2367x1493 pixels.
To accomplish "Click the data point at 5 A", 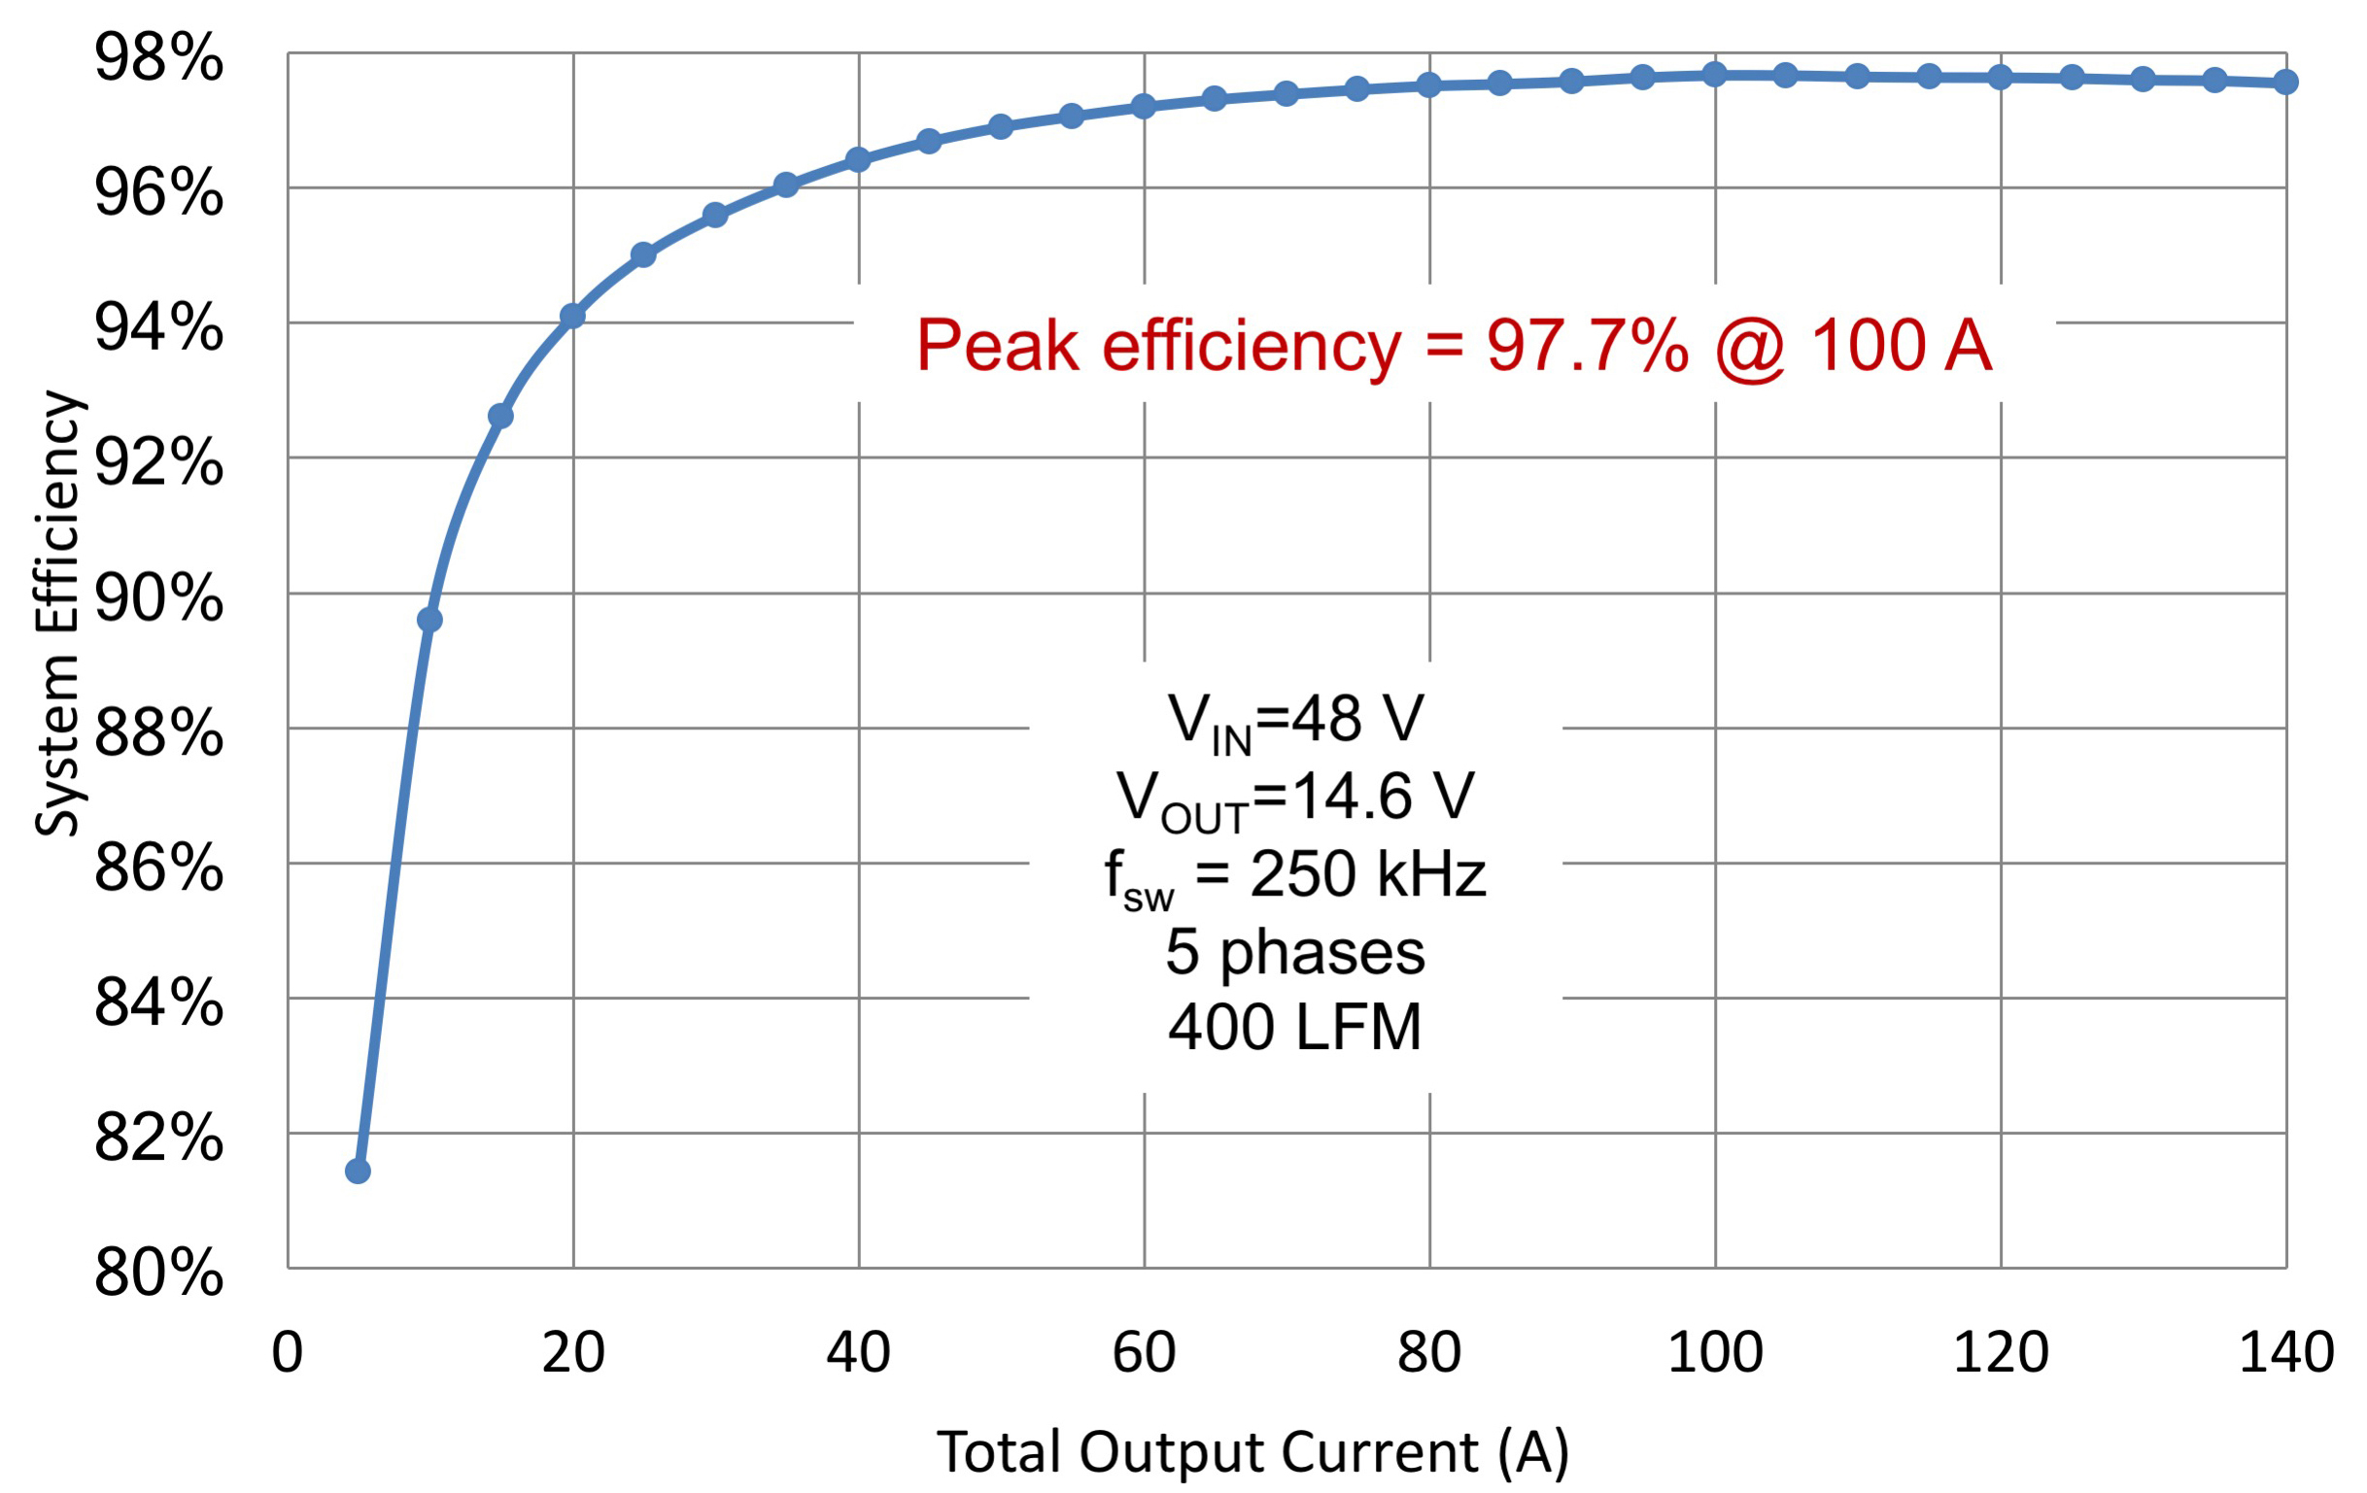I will (x=358, y=1171).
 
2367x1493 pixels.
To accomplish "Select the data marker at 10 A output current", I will (x=429, y=619).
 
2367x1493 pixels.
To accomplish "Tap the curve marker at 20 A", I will (x=572, y=316).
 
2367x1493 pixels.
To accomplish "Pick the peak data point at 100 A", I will (x=1714, y=74).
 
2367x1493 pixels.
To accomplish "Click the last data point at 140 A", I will (x=2286, y=82).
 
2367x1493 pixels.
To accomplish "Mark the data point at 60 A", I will (x=1144, y=105).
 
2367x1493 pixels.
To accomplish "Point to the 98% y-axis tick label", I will (x=158, y=59).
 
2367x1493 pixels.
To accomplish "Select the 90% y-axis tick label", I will (x=158, y=597).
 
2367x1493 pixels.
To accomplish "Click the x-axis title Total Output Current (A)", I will (x=1253, y=1452).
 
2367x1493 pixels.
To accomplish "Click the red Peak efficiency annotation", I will (x=1455, y=346).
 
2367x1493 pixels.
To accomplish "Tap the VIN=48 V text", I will (x=1295, y=721).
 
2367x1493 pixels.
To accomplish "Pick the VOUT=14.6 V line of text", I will (x=1295, y=798).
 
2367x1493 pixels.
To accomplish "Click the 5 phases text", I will (x=1295, y=951).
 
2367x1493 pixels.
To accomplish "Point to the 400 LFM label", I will (x=1295, y=1028).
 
